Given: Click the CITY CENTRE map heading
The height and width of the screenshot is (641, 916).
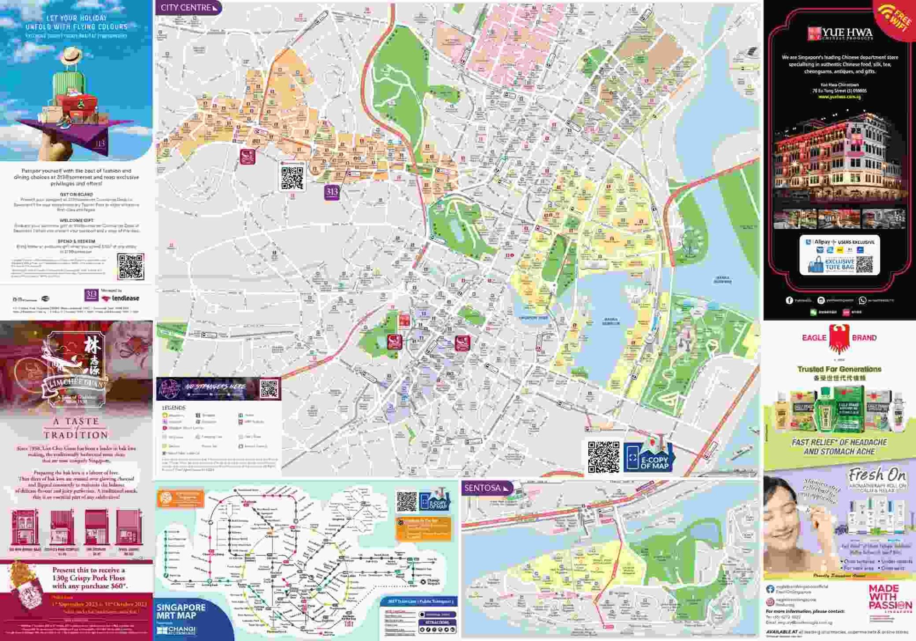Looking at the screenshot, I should point(186,8).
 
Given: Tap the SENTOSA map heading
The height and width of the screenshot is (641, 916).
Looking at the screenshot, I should point(482,488).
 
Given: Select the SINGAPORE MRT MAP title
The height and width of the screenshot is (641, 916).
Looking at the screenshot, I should point(181,611).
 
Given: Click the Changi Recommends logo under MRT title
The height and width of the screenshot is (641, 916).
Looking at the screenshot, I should point(176,630).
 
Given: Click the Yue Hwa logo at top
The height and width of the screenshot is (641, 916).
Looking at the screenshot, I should point(839,33).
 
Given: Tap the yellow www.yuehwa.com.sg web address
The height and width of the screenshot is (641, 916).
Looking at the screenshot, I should point(839,97).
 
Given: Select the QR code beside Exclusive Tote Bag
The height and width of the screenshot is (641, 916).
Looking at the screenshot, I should point(864,265).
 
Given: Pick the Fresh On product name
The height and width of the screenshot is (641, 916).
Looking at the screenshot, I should point(876,475).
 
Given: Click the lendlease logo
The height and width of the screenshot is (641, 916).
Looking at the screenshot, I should point(122,298).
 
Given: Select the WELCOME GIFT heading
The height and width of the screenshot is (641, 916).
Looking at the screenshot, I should point(76,220).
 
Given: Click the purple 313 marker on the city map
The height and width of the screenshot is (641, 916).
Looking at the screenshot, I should point(332,192).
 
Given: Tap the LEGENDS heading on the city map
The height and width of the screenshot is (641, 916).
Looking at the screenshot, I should point(174,408).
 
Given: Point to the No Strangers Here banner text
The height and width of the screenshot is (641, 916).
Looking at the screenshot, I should point(215,386).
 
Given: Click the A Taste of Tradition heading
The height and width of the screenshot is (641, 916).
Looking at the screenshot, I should point(76,428).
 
